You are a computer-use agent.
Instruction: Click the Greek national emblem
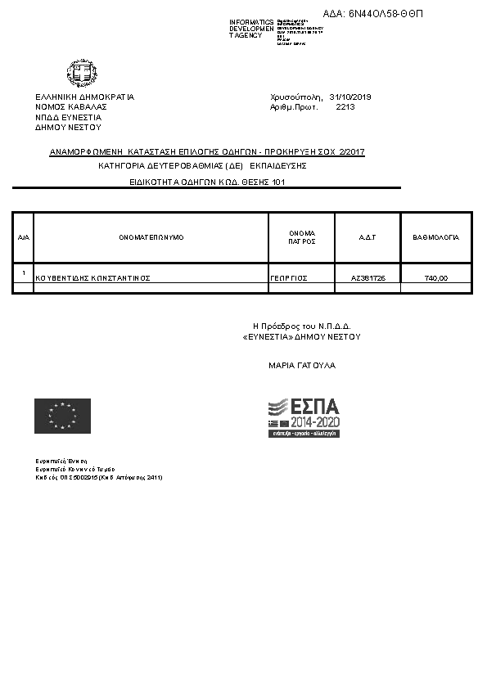[83, 74]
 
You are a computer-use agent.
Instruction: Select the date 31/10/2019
[350, 97]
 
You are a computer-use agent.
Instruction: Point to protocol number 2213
[345, 107]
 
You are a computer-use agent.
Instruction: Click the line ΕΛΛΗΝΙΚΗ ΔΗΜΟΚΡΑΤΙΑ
[84, 97]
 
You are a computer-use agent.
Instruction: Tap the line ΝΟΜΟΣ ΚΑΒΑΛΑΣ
[71, 107]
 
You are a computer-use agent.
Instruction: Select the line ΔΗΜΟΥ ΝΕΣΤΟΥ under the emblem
[68, 128]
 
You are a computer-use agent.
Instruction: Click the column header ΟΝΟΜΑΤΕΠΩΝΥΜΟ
[151, 237]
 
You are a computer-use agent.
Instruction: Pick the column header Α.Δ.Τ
[368, 237]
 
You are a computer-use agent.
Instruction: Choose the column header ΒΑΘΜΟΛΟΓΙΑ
[436, 237]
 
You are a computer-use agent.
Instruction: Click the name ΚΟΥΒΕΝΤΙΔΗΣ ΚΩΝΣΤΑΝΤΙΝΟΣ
[93, 278]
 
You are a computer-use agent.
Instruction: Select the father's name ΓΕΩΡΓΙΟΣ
[288, 278]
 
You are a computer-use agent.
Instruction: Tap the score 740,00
[436, 278]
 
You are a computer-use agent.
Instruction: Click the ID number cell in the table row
[368, 278]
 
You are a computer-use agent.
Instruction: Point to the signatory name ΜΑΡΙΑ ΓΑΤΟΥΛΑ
[301, 366]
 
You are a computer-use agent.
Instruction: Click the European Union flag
[62, 416]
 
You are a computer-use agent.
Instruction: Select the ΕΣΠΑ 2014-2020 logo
[304, 417]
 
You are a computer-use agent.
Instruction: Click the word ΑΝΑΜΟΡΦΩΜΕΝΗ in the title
[87, 152]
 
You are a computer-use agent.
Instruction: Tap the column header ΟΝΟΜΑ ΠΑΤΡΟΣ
[301, 237]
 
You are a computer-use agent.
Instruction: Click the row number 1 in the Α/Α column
[24, 272]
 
